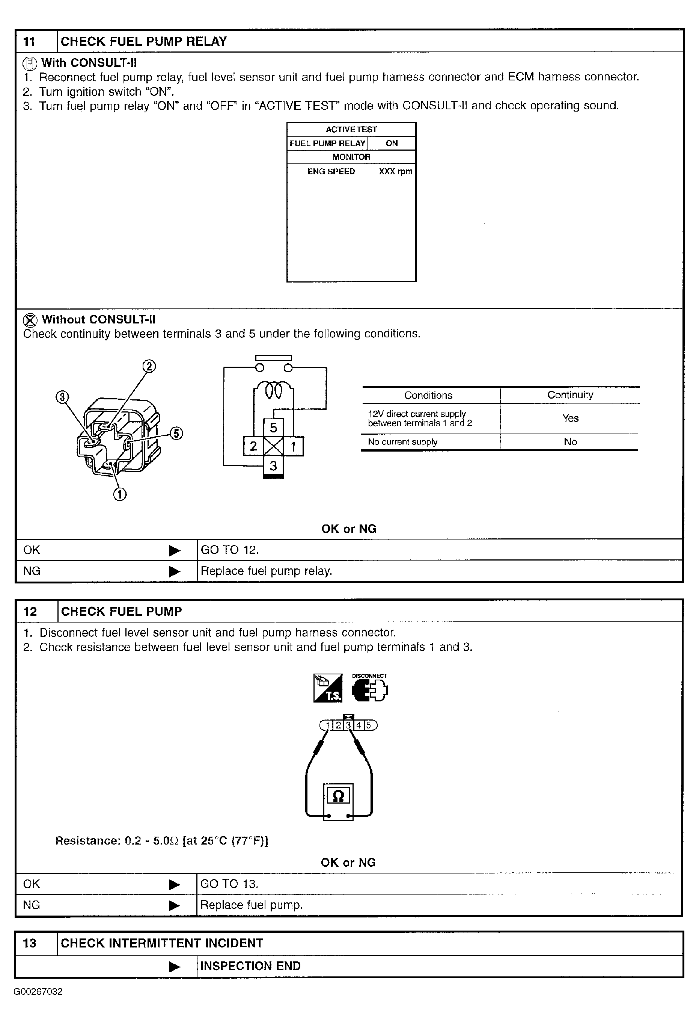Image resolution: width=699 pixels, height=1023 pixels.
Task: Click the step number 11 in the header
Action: point(29,42)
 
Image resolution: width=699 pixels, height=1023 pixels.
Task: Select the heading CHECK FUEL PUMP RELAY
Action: point(143,42)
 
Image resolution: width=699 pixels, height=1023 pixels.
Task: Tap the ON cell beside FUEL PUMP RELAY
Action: point(392,143)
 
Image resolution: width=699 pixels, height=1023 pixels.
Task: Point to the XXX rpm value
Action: point(395,172)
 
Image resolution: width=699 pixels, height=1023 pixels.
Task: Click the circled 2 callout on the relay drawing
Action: point(149,367)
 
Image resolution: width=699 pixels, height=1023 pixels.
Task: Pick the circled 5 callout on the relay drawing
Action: point(176,434)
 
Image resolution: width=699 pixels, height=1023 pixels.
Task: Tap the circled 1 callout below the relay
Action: point(120,494)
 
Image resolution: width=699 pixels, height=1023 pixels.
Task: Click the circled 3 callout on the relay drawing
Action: point(62,397)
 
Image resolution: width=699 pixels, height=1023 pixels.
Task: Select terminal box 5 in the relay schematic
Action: point(273,428)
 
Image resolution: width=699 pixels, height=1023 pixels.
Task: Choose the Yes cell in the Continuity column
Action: point(570,418)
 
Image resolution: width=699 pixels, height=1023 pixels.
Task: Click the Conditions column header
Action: point(428,395)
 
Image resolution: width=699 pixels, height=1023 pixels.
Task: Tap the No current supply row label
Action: point(402,442)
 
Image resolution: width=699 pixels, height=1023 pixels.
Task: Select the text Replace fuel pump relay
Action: point(266,571)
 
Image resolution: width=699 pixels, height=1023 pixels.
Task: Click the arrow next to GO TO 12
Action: point(175,550)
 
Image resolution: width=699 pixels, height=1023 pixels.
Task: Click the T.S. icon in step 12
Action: point(328,688)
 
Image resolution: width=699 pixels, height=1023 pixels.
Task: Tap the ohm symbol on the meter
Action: point(338,795)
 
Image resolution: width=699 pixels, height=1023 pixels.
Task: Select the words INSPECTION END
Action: point(250,966)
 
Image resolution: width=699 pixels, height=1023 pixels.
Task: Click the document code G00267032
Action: point(38,992)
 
